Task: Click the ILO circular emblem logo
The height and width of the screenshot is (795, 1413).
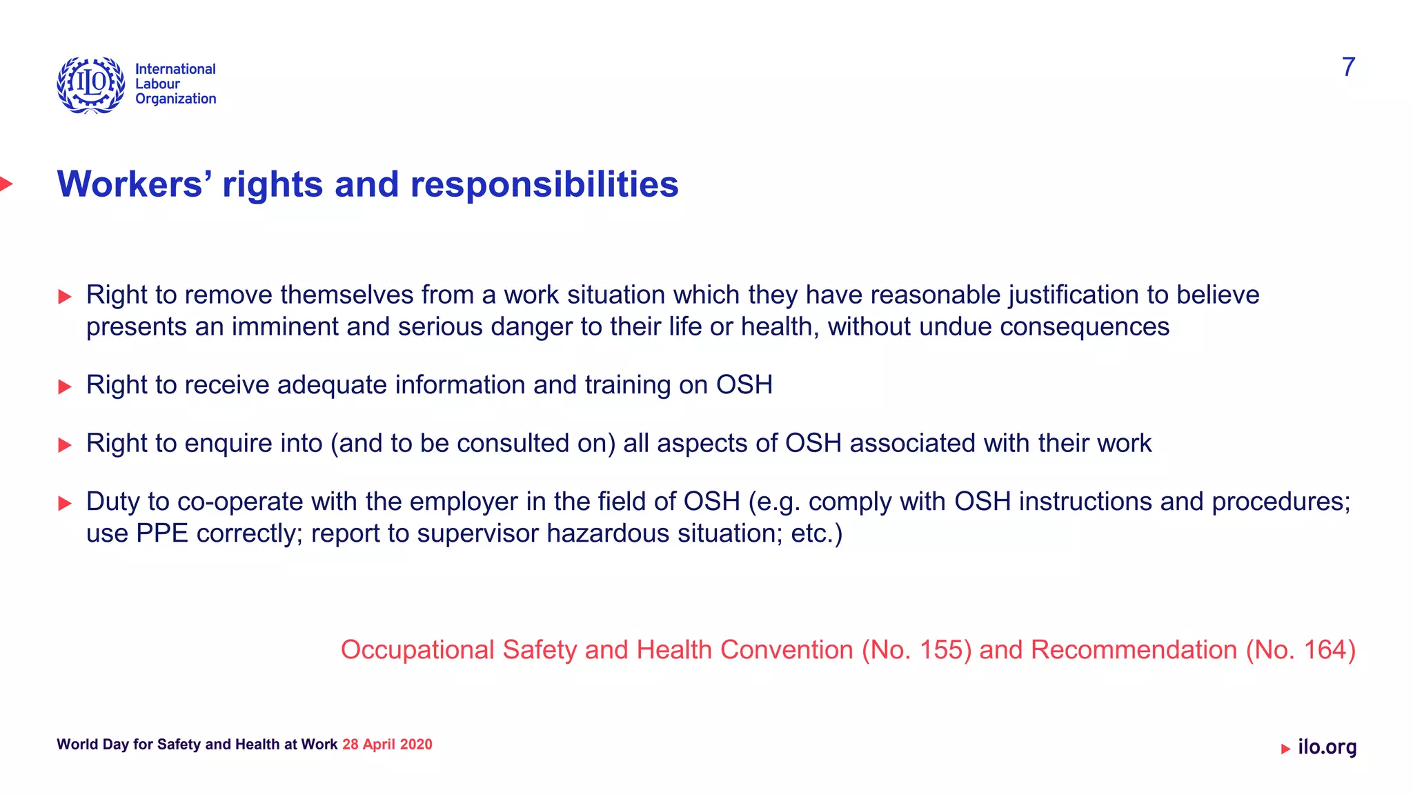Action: (x=91, y=85)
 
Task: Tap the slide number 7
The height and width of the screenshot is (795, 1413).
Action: (x=1348, y=67)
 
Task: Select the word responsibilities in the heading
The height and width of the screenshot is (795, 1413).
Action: (x=544, y=184)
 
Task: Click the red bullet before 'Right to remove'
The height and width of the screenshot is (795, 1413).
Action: (x=65, y=297)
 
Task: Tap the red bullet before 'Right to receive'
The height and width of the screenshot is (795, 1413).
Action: (x=65, y=386)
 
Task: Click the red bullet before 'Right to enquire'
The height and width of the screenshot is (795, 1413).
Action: (x=65, y=445)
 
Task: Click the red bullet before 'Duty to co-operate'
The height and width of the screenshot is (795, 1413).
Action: (x=65, y=504)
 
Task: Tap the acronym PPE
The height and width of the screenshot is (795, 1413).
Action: (x=162, y=533)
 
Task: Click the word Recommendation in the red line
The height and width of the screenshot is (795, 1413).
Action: (x=1134, y=650)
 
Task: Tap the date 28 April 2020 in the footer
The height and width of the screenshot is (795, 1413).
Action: (x=387, y=745)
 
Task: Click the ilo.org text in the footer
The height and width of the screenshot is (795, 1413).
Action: (x=1327, y=747)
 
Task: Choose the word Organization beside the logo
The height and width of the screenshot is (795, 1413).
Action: (x=175, y=99)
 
